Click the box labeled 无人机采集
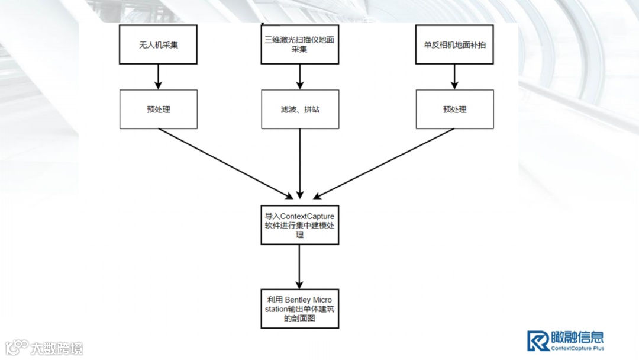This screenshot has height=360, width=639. click(x=158, y=44)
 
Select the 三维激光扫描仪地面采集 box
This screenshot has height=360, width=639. click(x=300, y=44)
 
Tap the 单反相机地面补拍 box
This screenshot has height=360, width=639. click(x=454, y=44)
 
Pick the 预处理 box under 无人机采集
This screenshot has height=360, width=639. click(x=158, y=110)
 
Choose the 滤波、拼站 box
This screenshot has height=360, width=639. click(x=300, y=110)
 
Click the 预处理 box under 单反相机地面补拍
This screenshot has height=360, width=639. click(x=454, y=110)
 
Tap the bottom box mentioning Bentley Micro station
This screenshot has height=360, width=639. click(x=300, y=308)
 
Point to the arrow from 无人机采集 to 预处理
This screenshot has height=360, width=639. click(x=158, y=76)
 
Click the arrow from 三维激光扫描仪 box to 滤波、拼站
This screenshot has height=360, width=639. click(x=300, y=76)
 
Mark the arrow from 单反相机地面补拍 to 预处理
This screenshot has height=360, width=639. click(x=454, y=76)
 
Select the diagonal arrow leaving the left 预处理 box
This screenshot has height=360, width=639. click(x=225, y=163)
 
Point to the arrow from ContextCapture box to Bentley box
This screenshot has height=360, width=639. click(x=300, y=266)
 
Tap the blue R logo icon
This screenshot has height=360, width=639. click(x=538, y=340)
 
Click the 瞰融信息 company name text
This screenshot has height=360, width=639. click(x=577, y=337)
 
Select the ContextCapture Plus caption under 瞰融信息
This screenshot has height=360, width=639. click(x=577, y=348)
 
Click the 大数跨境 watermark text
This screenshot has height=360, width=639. click(x=57, y=348)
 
